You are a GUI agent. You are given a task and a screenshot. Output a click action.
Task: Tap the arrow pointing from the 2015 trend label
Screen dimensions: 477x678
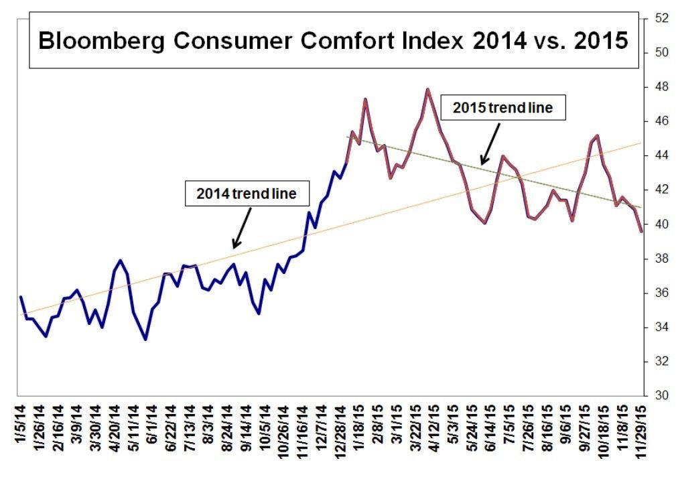[x=488, y=145]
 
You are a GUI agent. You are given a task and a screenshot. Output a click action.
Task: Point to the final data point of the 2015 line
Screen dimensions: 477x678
[x=641, y=231]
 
